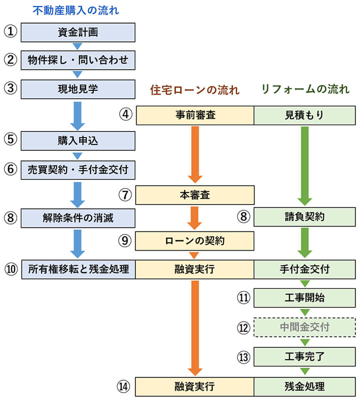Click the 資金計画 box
pyautogui.click(x=78, y=32)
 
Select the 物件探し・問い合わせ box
pyautogui.click(x=78, y=60)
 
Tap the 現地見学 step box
pyautogui.click(x=78, y=89)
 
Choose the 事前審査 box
pyautogui.click(x=195, y=115)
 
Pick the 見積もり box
pyautogui.click(x=304, y=115)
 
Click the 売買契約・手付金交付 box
pyautogui.click(x=78, y=170)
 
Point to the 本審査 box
pyautogui.click(x=195, y=195)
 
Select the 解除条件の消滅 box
pyautogui.click(x=78, y=218)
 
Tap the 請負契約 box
pyautogui.click(x=304, y=217)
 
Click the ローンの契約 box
pyautogui.click(x=195, y=241)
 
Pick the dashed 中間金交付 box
pyautogui.click(x=304, y=327)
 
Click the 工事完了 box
pyautogui.click(x=304, y=356)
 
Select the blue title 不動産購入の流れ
pyautogui.click(x=76, y=10)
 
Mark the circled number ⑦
pyautogui.click(x=125, y=195)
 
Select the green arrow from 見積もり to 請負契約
pyautogui.click(x=304, y=165)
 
